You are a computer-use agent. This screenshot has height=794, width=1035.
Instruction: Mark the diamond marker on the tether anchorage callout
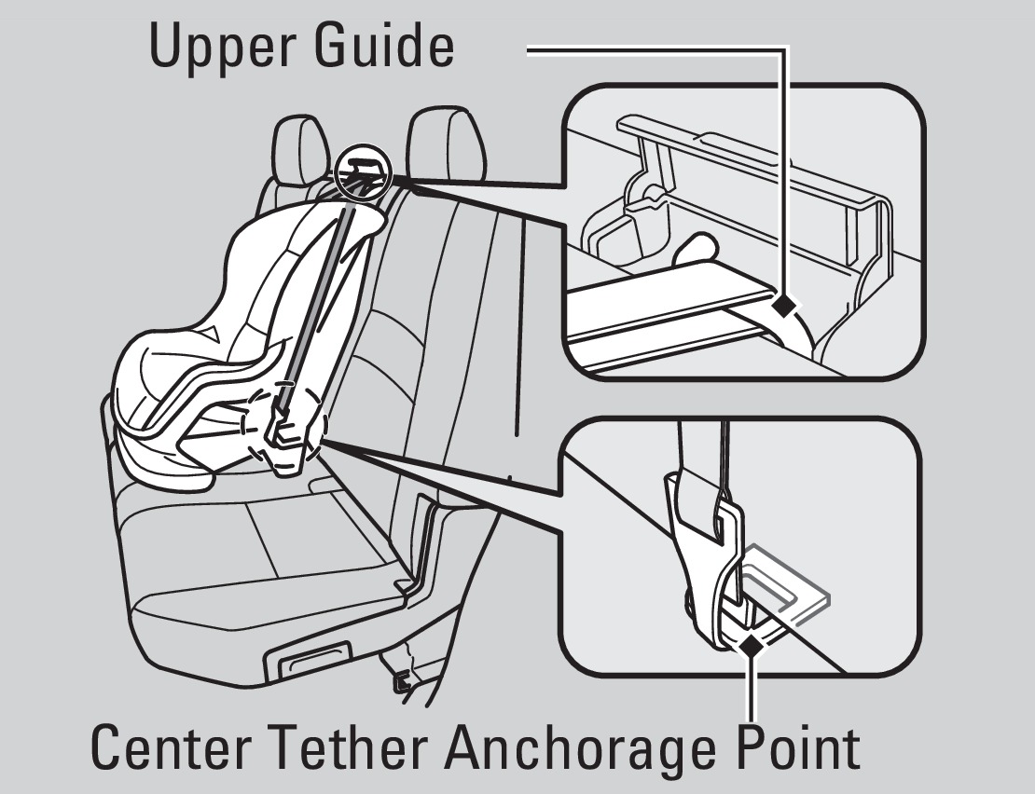click(751, 646)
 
